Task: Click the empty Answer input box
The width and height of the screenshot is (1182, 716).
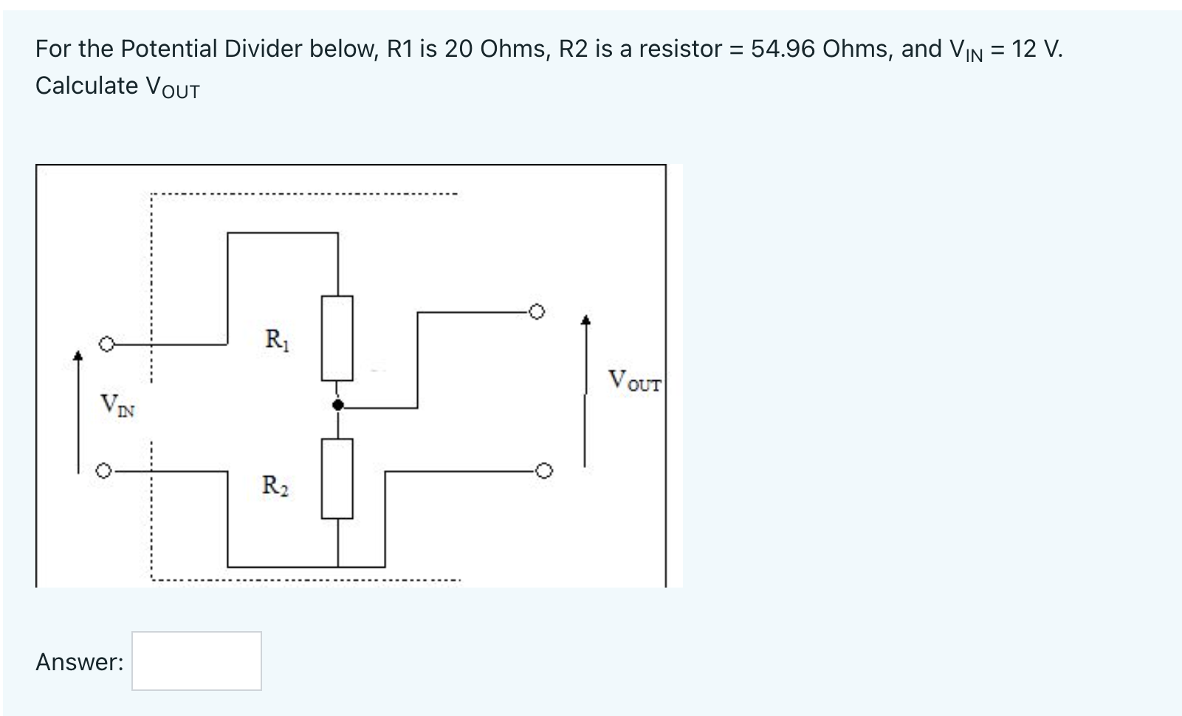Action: coord(196,661)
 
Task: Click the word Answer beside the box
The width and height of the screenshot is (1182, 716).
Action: coord(79,662)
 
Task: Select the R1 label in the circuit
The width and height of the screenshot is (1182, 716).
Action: coord(277,340)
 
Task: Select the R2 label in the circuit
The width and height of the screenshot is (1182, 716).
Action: coord(275,486)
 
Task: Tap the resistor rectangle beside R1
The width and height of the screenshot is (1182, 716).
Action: coord(337,338)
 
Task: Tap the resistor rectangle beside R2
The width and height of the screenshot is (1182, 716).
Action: coord(337,478)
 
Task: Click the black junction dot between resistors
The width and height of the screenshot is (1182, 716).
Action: coord(337,405)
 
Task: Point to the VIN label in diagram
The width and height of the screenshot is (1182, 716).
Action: coord(117,405)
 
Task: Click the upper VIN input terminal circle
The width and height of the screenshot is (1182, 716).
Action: coord(106,344)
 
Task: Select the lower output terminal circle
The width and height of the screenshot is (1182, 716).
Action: coord(543,470)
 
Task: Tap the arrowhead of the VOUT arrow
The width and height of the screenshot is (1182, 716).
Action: coord(585,320)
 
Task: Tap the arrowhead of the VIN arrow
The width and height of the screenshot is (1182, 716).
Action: coord(77,356)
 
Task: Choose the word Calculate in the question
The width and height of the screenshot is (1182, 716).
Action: coord(86,86)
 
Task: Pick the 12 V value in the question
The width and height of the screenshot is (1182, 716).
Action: coord(1034,49)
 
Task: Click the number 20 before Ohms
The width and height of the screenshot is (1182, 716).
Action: coord(458,49)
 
